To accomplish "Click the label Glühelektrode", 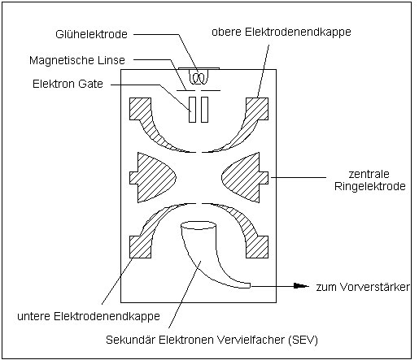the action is (91, 34).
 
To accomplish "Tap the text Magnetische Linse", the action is (77, 60).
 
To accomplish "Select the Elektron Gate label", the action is (68, 84).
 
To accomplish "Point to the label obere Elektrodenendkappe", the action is (282, 32).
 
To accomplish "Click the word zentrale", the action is (369, 174).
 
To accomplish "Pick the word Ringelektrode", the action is (370, 186).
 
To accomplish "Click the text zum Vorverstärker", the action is (363, 287).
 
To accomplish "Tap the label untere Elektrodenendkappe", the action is (89, 316).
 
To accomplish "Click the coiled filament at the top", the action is (199, 77).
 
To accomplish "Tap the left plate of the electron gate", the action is (192, 110).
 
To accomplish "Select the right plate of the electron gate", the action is (204, 110).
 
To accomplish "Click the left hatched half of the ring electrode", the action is (152, 178).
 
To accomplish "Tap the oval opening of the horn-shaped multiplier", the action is (199, 225).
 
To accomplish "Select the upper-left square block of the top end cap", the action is (140, 109).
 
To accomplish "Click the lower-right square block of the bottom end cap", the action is (257, 247).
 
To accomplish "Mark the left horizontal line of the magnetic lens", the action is (185, 90).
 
